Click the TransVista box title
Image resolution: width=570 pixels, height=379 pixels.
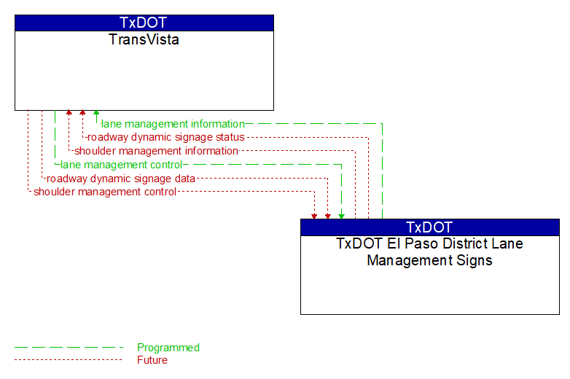[144, 39]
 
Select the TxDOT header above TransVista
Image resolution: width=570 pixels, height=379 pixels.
[143, 23]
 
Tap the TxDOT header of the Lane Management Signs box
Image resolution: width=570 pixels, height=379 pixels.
[429, 227]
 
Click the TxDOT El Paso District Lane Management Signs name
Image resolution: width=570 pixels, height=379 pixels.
[429, 252]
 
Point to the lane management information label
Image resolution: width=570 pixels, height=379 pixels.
[173, 124]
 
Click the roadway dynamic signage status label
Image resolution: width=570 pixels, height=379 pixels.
[166, 137]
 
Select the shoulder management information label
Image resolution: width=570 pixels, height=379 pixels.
[156, 151]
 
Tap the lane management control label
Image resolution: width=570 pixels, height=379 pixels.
[122, 165]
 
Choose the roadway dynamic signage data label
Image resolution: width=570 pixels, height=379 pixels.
[121, 179]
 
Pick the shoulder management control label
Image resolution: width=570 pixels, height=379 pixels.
[105, 192]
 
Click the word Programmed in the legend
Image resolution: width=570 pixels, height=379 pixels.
[168, 348]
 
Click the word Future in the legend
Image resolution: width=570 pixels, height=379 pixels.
[152, 360]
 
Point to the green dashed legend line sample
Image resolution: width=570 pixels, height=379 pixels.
[69, 348]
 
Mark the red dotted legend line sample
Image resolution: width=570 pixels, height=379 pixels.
[69, 360]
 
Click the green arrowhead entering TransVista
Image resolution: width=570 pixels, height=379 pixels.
[96, 113]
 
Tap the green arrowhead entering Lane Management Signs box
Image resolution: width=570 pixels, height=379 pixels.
[341, 216]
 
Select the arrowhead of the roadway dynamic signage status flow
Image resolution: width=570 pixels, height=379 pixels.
[82, 113]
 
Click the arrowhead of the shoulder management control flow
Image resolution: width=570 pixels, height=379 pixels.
[314, 216]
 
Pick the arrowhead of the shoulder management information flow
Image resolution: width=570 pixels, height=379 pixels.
[69, 113]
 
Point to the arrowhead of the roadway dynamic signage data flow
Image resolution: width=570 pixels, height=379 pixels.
[328, 216]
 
